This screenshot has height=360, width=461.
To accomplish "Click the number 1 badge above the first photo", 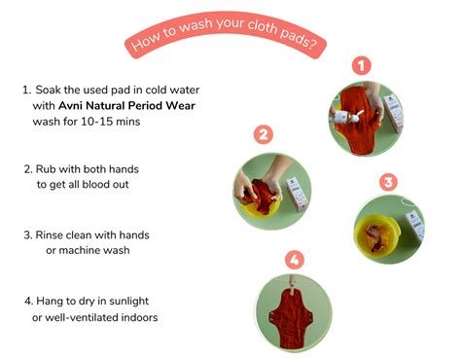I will pyautogui.click(x=361, y=66).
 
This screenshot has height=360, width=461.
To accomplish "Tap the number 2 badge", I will pyautogui.click(x=262, y=135).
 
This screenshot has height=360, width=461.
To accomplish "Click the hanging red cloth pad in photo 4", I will pyautogui.click(x=290, y=311).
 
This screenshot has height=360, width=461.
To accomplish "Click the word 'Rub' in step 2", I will pyautogui.click(x=51, y=167).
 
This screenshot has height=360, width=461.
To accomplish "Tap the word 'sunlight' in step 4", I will pyautogui.click(x=147, y=302).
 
